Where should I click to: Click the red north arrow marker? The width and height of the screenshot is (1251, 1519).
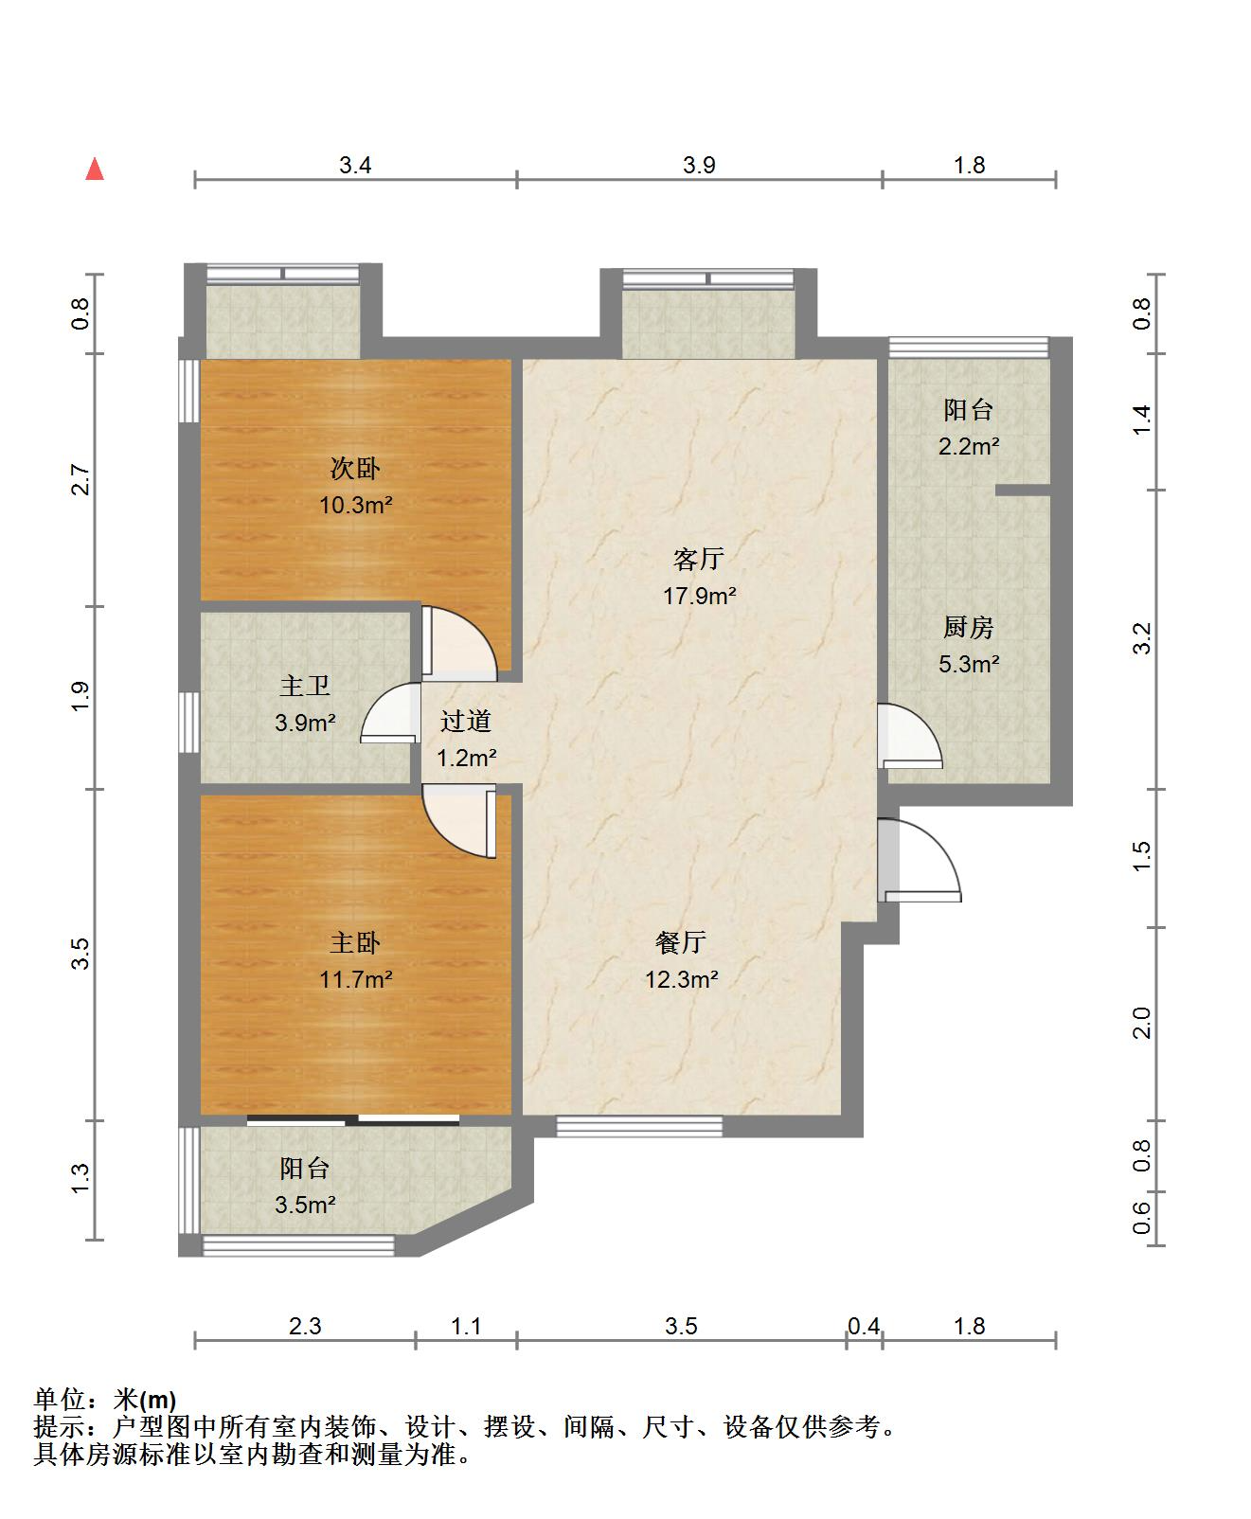click(94, 169)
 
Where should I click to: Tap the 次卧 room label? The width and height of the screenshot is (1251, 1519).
click(355, 468)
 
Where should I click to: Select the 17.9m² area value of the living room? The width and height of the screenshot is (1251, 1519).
click(700, 596)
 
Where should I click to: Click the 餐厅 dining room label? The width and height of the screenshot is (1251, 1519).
click(681, 942)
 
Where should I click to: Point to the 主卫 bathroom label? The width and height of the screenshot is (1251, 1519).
click(305, 686)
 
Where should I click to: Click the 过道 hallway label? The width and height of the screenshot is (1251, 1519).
click(466, 721)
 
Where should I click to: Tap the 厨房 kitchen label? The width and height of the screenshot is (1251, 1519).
click(969, 627)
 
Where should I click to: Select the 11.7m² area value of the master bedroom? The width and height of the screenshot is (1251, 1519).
click(356, 979)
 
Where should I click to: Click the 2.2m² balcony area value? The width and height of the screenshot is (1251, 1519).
click(969, 446)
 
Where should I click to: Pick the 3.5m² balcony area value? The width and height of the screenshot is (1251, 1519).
click(306, 1205)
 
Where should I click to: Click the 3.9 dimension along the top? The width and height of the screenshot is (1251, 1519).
click(699, 165)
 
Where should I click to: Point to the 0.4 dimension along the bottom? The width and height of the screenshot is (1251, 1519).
click(864, 1326)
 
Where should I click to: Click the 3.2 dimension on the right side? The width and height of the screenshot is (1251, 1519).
click(1142, 638)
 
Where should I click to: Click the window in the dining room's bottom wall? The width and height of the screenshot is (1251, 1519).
click(639, 1126)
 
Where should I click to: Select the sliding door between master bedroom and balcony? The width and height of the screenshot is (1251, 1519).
click(353, 1120)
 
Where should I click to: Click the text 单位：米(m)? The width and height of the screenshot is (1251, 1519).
click(105, 1399)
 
